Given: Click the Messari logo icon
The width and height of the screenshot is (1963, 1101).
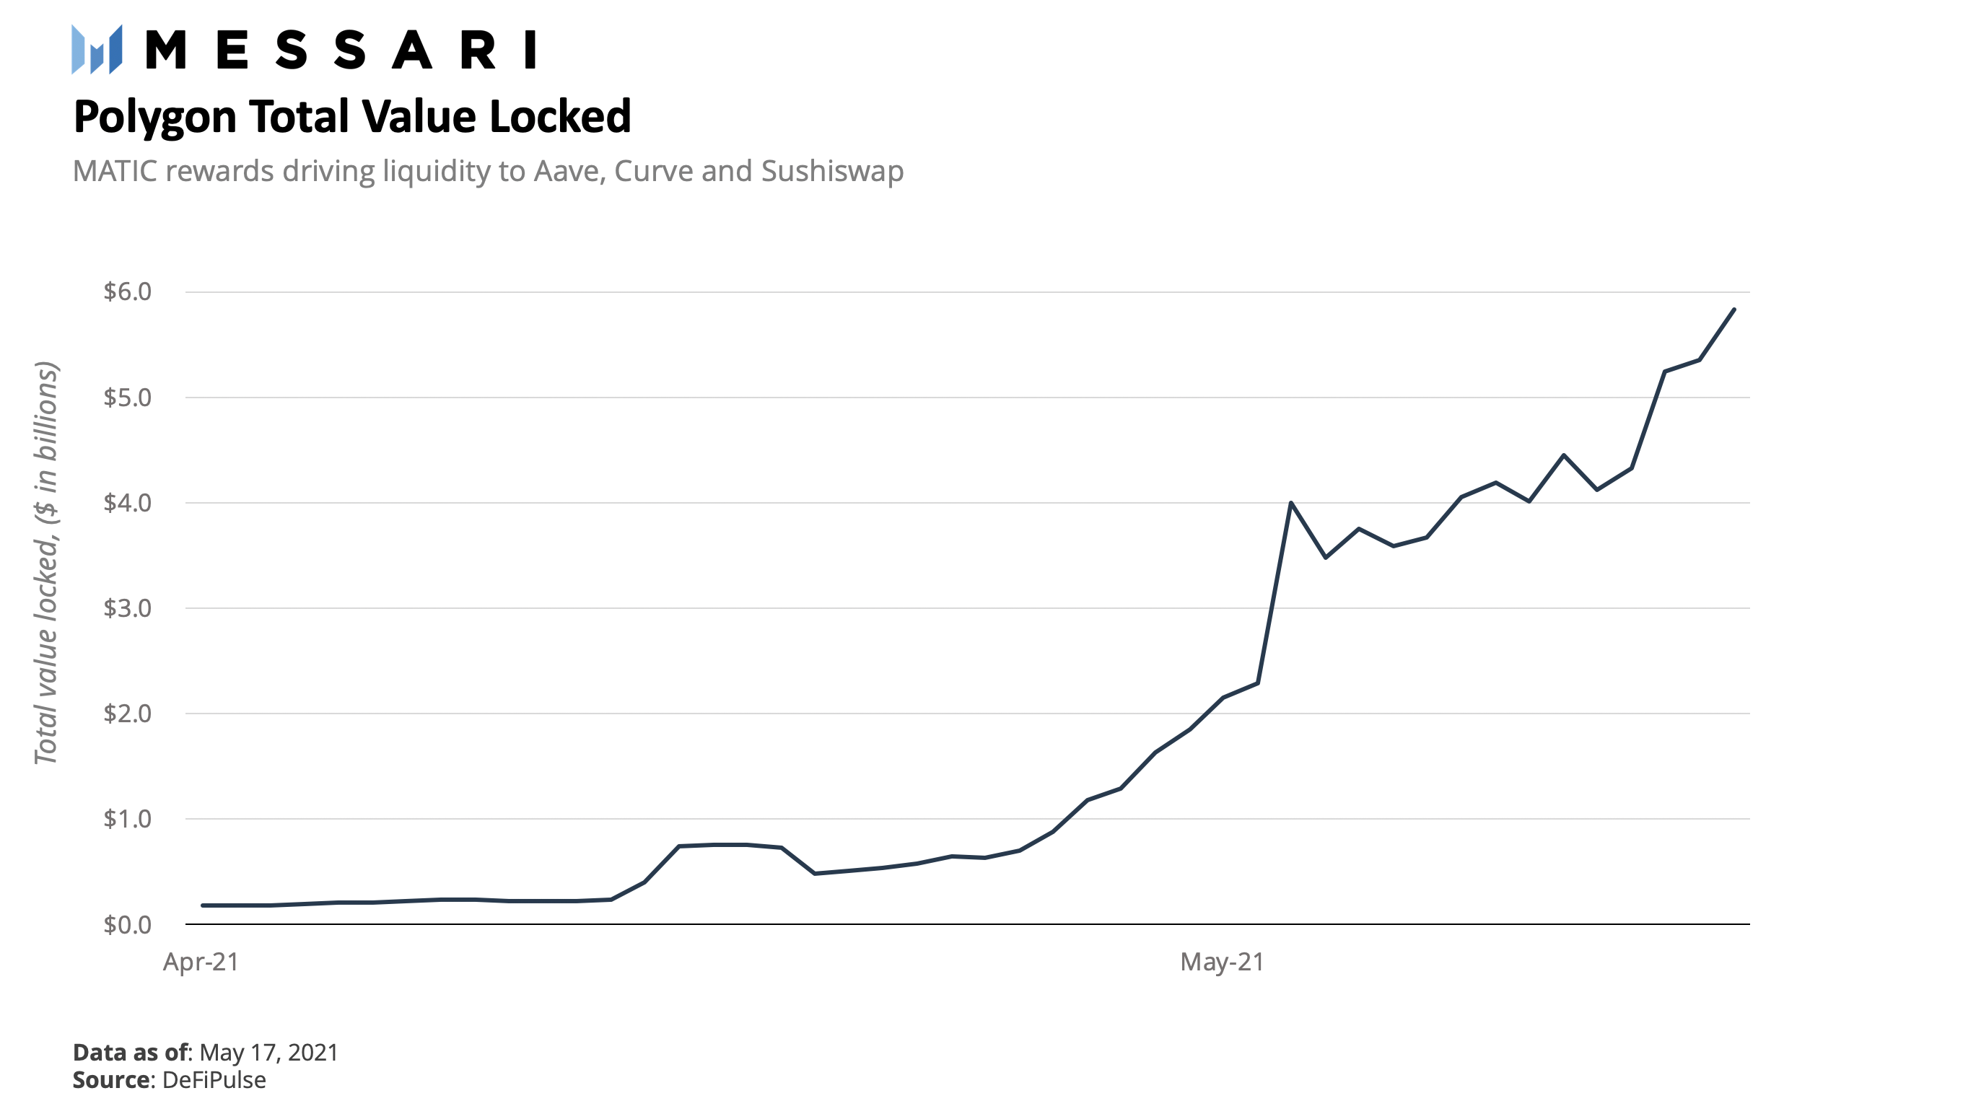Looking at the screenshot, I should [x=97, y=50].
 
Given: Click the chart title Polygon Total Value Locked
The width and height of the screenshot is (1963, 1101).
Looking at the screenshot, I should [x=352, y=117].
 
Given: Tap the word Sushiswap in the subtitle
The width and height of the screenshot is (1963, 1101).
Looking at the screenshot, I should [x=832, y=172].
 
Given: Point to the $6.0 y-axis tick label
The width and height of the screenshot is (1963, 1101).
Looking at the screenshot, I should [x=127, y=291].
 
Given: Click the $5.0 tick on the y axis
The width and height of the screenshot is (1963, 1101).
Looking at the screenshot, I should [x=127, y=397].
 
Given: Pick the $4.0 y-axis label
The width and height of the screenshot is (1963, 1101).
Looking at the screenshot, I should [x=127, y=503].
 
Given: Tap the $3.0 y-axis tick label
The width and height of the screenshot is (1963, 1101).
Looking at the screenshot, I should [x=127, y=608].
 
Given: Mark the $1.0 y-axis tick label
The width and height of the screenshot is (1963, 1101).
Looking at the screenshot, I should [x=127, y=819].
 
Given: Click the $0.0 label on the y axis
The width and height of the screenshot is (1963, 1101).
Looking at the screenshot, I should [x=127, y=924].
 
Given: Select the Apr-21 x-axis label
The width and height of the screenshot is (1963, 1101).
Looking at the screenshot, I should [x=201, y=962].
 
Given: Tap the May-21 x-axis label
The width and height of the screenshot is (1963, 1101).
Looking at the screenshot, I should [x=1223, y=962].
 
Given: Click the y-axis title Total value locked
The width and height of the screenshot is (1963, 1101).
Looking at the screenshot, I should [x=46, y=563].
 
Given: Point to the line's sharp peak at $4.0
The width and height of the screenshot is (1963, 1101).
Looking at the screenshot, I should [x=1291, y=503].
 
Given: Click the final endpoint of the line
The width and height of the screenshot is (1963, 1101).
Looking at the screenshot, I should [x=1734, y=310].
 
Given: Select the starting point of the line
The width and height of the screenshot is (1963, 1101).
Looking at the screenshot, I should [x=203, y=905].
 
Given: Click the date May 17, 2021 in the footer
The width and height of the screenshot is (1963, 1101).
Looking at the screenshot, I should [x=268, y=1052].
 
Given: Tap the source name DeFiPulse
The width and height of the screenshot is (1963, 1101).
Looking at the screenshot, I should [x=214, y=1079].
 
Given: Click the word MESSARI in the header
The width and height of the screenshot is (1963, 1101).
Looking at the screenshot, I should [x=341, y=51].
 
